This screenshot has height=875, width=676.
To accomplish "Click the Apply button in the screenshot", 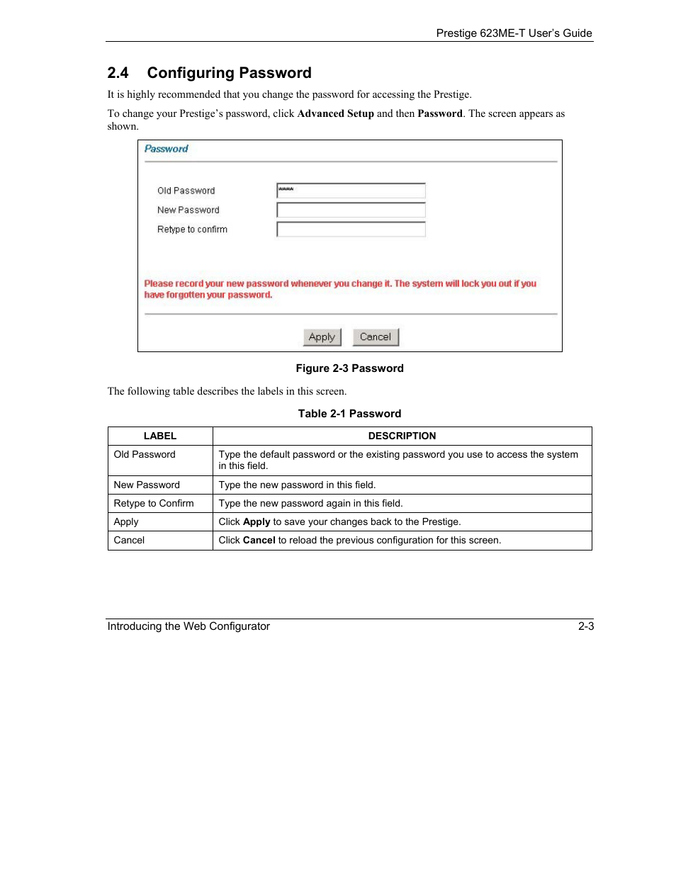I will click(322, 337).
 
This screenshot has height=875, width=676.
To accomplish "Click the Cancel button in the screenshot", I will click(376, 337).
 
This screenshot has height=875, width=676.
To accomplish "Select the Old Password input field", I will click(351, 191).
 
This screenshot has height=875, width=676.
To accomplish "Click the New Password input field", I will click(351, 210).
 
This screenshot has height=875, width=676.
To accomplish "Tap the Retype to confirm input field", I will click(351, 230).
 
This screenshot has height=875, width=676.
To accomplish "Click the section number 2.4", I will click(118, 73).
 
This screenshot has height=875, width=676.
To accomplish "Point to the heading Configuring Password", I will click(229, 73).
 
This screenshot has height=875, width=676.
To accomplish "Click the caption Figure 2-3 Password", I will click(349, 368).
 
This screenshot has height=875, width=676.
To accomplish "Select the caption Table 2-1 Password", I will click(349, 414).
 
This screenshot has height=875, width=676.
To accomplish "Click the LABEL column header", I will click(160, 436).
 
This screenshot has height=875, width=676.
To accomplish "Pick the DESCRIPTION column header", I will click(402, 436).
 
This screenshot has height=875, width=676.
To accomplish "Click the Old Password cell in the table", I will click(145, 455).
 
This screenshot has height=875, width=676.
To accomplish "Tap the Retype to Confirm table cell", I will click(154, 504).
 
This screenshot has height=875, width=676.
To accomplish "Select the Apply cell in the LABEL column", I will click(126, 522).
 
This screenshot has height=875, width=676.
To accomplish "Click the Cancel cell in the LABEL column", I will click(129, 541).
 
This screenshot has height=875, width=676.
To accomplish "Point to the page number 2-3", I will click(586, 626).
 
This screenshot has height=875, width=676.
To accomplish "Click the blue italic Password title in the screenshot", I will click(167, 149).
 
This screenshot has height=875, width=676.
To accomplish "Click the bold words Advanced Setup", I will click(335, 113).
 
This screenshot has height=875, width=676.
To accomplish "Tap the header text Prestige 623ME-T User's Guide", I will click(514, 33).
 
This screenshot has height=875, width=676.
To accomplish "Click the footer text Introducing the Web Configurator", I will click(188, 626).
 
